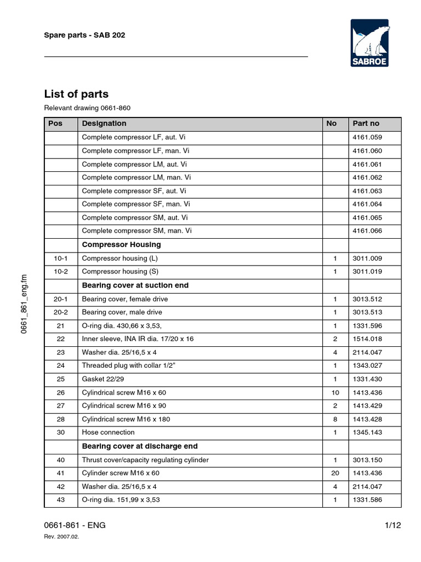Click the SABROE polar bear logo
tap(369, 43)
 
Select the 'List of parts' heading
tap(76, 94)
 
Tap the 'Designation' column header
tap(104, 123)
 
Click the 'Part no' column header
tap(366, 123)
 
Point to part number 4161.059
tap(367, 137)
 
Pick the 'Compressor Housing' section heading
tap(121, 245)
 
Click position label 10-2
tap(61, 272)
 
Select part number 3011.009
tap(367, 258)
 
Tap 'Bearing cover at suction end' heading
tap(135, 285)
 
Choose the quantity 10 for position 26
tap(335, 393)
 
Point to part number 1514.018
tap(367, 339)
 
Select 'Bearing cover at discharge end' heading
tap(140, 446)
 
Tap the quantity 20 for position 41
tap(335, 473)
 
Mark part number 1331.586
tap(367, 500)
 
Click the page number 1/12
tap(393, 525)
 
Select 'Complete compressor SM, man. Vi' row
tap(137, 231)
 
